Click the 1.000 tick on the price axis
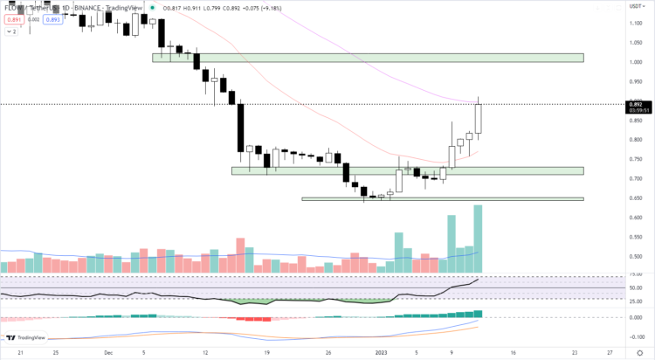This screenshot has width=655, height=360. coord(637,62)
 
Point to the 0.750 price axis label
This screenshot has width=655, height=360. coord(637,159)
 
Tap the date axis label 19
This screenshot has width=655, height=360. coord(267,353)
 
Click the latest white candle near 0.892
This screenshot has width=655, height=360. coord(478,119)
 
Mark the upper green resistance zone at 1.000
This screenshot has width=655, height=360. coord(367,58)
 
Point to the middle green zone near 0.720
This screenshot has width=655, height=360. coord(406,170)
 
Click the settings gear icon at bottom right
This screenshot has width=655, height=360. coord(638,353)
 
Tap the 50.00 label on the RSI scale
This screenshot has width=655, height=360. coord(637,287)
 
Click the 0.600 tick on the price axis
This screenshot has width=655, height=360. coord(637,218)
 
